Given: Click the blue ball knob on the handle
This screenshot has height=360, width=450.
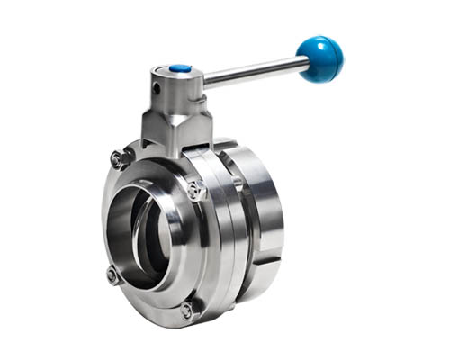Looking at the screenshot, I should coord(321,58).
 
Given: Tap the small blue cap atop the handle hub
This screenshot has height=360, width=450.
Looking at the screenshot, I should coord(180,67).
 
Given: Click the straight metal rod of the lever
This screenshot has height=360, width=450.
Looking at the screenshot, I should coord(256,72).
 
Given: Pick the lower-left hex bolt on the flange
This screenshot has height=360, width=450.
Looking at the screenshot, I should coord(112,274).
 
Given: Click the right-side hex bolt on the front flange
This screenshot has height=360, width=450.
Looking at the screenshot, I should coord(196,189).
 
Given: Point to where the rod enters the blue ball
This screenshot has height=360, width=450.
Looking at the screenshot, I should coord(303,63).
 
